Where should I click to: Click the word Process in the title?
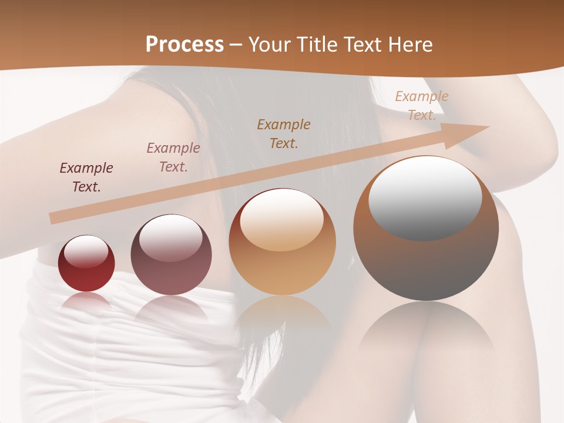click(184, 45)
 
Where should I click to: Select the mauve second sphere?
click(171, 255)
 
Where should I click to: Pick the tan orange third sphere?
click(283, 242)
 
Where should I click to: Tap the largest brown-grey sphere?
click(426, 229)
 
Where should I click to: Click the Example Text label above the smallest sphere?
click(86, 177)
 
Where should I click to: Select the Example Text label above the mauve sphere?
click(173, 157)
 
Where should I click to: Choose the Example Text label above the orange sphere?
click(284, 133)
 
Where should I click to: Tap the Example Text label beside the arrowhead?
click(422, 106)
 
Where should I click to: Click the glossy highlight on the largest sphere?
click(425, 198)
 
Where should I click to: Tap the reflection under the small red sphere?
click(86, 301)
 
